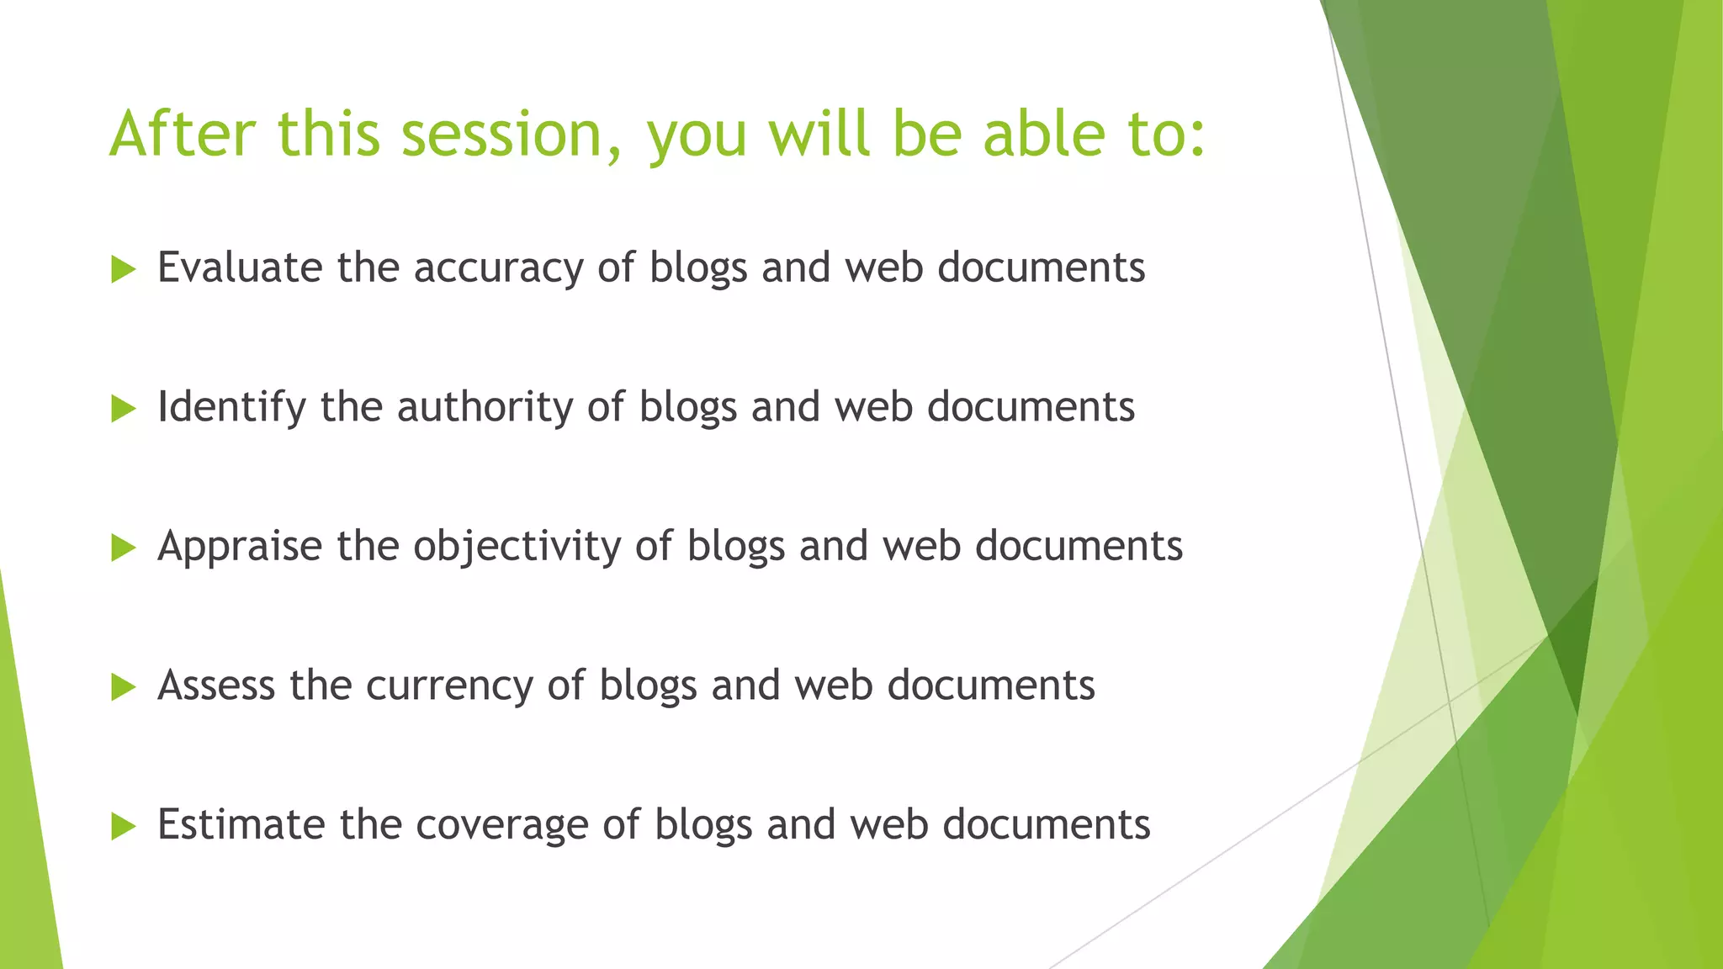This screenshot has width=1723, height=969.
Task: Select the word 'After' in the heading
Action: coord(183,134)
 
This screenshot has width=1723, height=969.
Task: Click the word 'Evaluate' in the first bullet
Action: coord(240,268)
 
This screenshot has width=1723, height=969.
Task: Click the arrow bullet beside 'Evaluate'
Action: coord(123,270)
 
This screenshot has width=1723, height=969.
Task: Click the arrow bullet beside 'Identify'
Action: coord(123,410)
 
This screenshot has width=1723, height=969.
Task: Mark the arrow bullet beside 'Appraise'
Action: coord(123,548)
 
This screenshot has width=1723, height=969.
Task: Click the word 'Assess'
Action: coord(216,686)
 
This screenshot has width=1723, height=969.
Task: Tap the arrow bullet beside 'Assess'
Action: coord(123,687)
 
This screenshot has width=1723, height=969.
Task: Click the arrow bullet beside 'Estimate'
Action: coord(123,827)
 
